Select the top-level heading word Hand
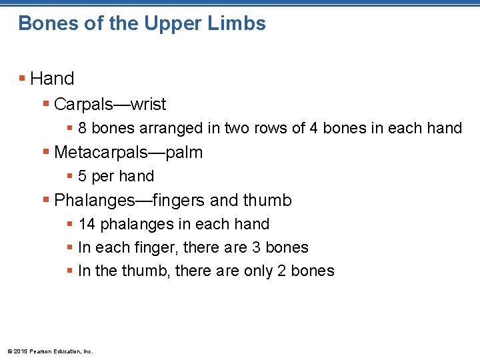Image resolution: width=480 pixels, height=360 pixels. pos(52,79)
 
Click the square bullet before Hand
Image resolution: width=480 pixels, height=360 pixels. pos(23,79)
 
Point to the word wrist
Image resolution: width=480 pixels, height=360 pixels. pos(148,105)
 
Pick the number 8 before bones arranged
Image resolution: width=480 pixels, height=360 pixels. pos(82,128)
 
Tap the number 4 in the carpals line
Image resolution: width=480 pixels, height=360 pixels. pos(313,128)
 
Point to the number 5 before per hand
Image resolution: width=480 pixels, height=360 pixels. pos(82,176)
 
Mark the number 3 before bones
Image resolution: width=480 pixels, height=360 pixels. pos(257,248)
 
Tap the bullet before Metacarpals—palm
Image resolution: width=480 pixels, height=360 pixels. pos(46,153)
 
